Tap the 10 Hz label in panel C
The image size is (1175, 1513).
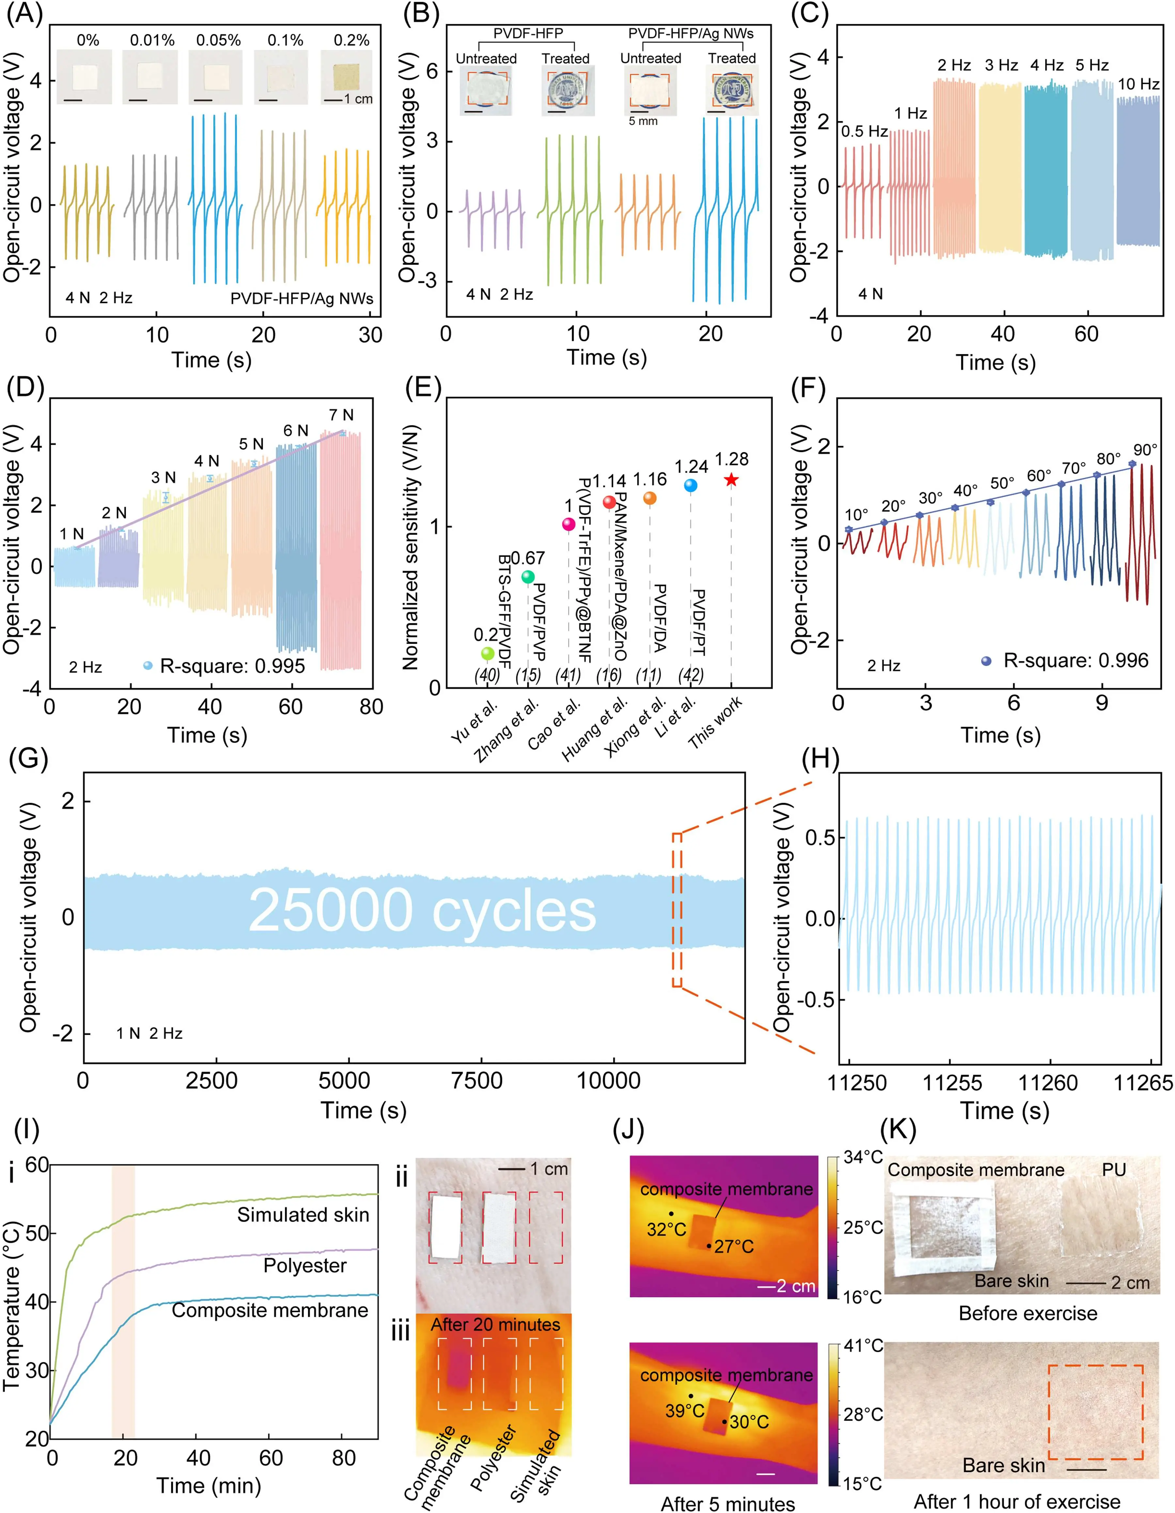pos(1138,85)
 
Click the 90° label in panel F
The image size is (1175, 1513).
pos(1145,450)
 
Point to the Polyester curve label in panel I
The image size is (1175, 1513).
pos(305,1266)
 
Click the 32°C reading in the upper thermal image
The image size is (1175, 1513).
pos(666,1229)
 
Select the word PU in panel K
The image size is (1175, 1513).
pos(1114,1169)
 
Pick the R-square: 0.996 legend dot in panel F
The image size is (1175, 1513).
pos(987,661)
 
